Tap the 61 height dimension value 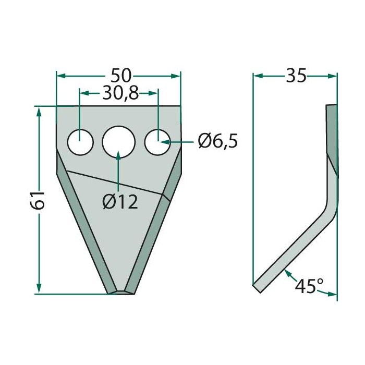(38, 200)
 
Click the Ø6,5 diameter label (217, 141)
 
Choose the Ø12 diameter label (120, 201)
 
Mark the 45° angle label (309, 286)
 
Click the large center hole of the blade (118, 141)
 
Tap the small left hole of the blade (80, 142)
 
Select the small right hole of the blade (157, 142)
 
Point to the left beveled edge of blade (83, 224)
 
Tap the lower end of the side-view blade (257, 287)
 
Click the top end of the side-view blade (332, 107)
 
